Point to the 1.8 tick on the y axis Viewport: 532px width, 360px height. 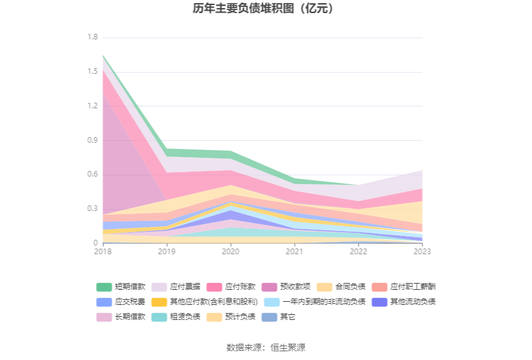point(93,38)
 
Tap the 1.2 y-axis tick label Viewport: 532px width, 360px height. point(93,106)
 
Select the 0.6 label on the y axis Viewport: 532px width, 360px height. point(93,174)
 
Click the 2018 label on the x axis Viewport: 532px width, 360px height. point(103,252)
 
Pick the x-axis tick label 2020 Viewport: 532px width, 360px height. point(230,252)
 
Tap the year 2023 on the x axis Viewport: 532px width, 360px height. point(422,252)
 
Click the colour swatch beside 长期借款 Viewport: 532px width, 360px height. point(104,317)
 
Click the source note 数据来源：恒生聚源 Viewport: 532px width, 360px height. point(266,347)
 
